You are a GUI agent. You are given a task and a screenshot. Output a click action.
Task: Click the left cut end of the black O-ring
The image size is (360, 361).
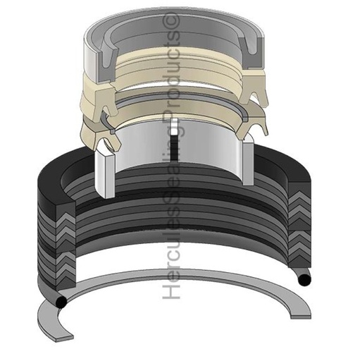point(63,302)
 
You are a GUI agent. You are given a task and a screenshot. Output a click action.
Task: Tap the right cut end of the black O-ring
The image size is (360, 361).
point(304,281)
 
